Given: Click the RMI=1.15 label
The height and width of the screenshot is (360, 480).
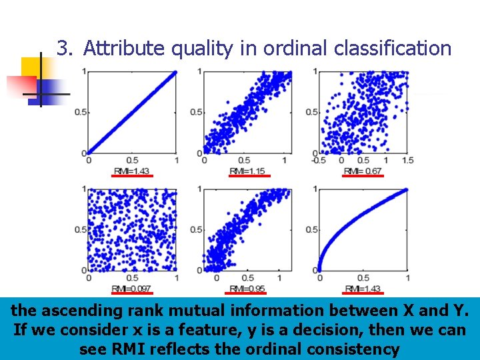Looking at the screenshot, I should coord(247,171).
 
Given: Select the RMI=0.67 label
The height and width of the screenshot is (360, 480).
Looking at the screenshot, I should coord(363,171).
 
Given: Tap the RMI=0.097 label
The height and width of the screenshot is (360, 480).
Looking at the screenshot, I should coord(132,289).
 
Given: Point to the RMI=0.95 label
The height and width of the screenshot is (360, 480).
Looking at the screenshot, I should coord(247,289).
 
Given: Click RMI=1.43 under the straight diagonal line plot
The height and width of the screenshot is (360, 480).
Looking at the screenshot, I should coord(132,171).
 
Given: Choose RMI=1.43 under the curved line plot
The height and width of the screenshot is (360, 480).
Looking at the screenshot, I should coord(363,289).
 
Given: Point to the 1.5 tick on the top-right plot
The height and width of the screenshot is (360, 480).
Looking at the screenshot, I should coord(407,161).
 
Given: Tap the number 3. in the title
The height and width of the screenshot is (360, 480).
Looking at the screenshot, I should coord(64,49).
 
